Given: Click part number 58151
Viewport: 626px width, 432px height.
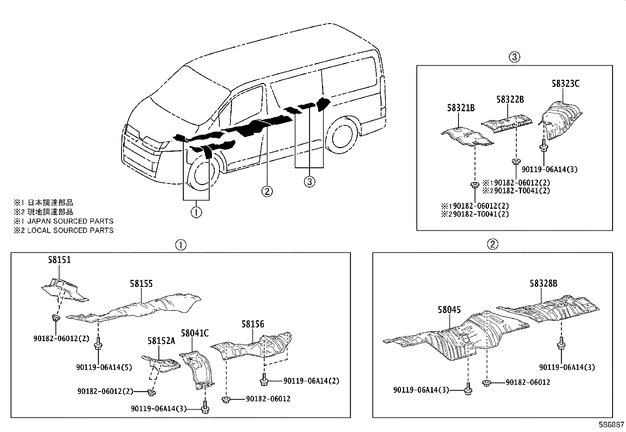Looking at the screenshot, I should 59,260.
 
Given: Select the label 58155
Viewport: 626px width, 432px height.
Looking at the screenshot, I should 141,284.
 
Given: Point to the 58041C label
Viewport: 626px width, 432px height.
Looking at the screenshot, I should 195,333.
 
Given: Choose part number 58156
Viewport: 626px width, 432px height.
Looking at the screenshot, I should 252,324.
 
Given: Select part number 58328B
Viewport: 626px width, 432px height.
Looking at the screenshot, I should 543,283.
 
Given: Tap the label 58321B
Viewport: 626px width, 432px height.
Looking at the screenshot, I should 460,108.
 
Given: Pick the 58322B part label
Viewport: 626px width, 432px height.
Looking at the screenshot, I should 510,100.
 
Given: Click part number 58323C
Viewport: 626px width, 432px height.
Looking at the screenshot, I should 565,84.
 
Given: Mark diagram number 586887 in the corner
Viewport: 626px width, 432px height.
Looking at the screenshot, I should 611,425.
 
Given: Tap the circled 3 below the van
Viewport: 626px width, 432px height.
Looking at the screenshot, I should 309,181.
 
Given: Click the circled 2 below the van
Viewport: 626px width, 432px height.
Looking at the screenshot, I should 267,191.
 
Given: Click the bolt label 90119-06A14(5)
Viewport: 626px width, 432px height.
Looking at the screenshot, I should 104,367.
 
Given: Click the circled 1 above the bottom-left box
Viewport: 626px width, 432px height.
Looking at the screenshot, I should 180,244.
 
